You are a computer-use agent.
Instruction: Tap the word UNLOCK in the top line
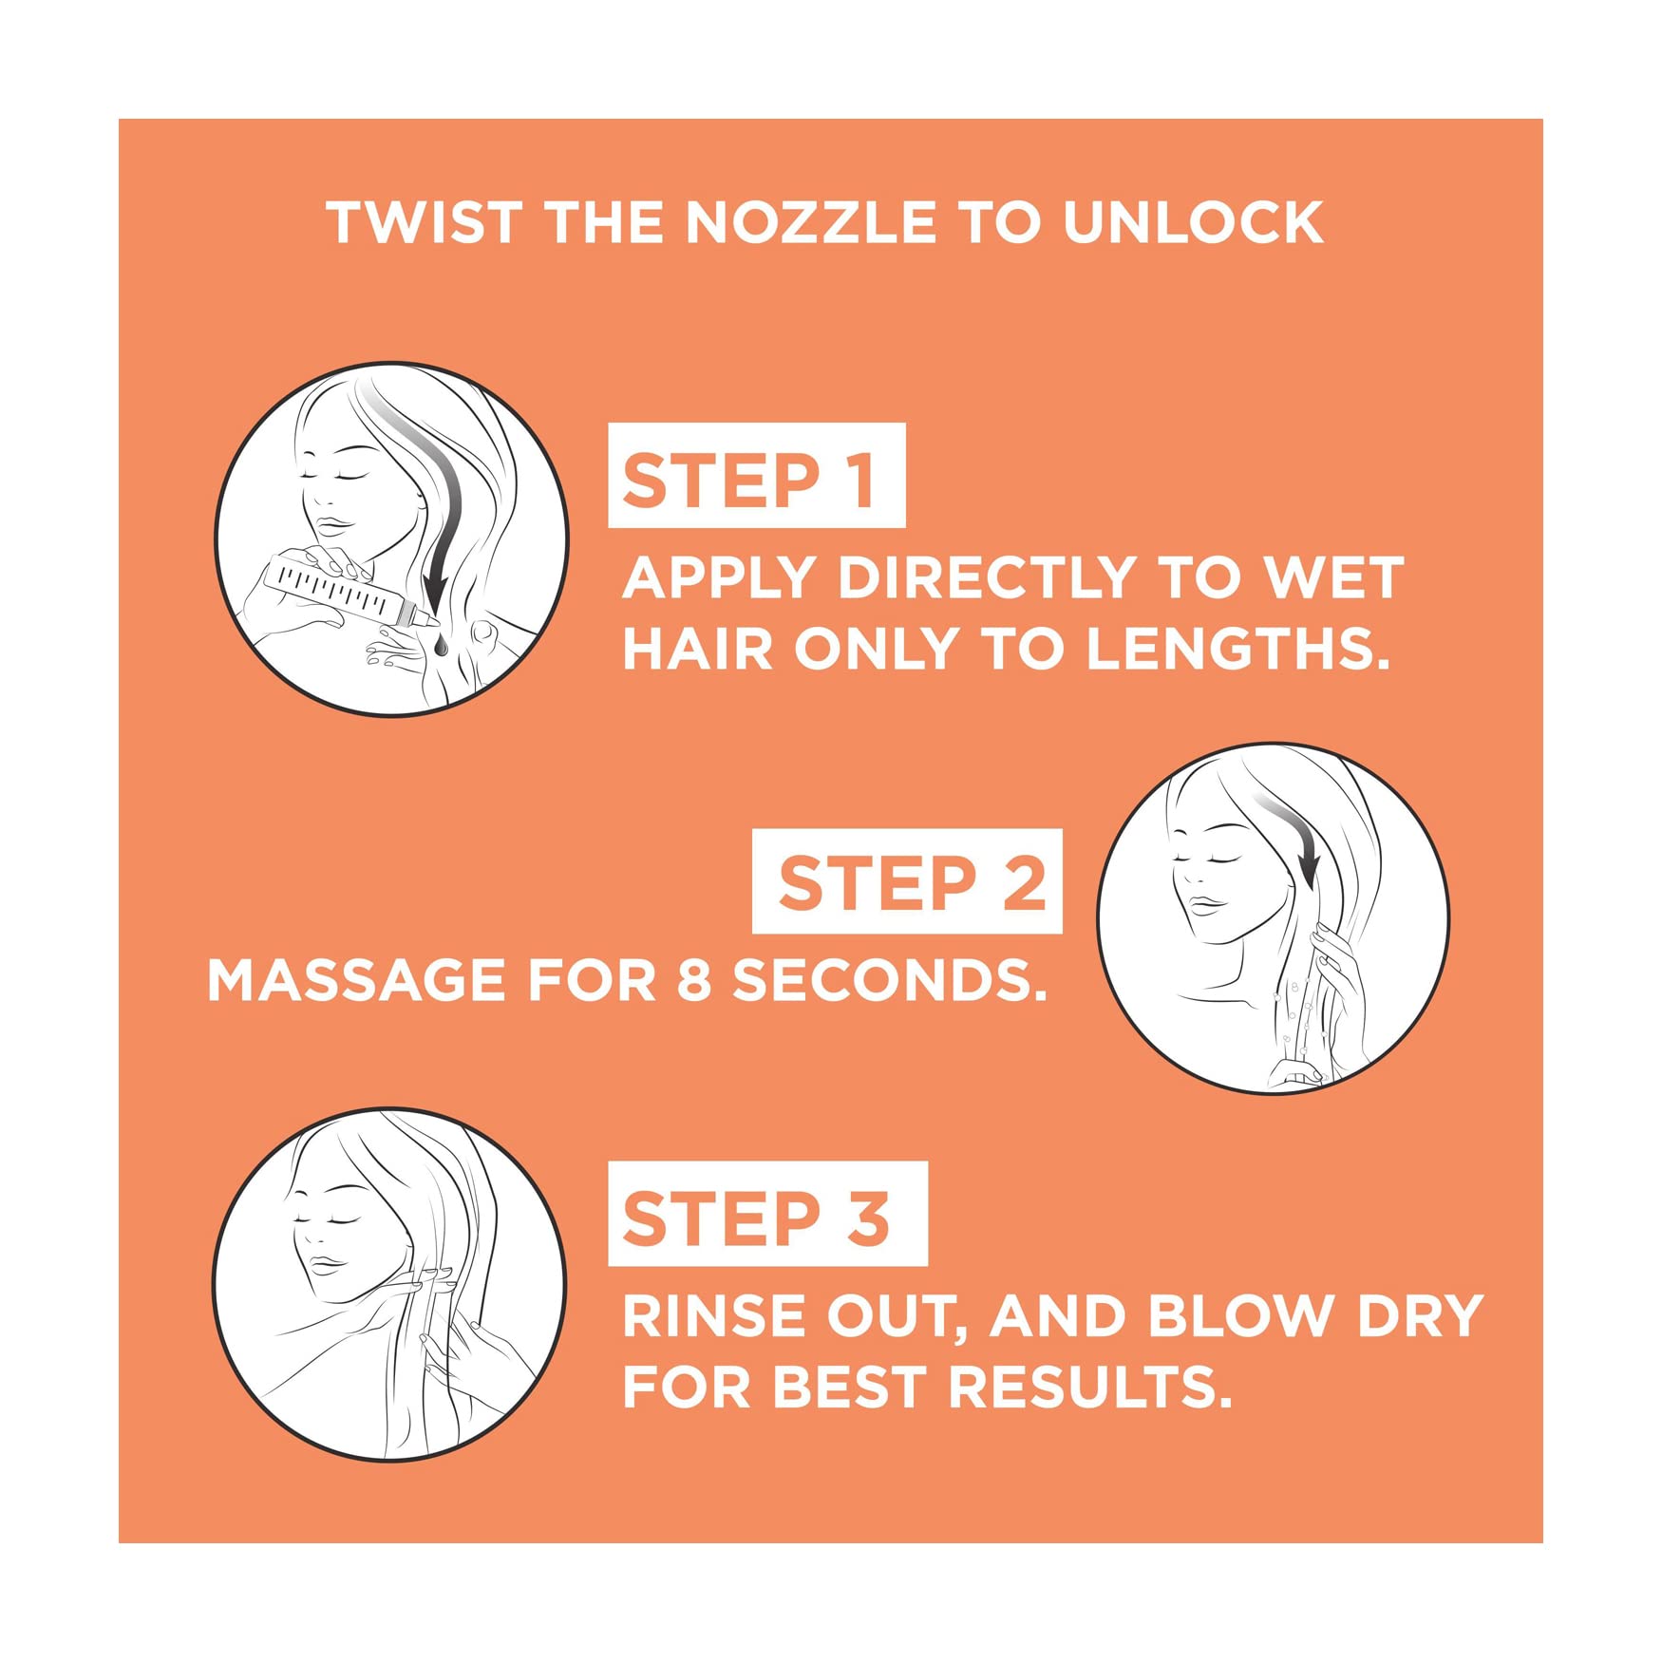click(1193, 222)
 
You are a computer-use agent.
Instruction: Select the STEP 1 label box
click(756, 475)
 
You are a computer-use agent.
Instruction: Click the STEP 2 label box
click(907, 880)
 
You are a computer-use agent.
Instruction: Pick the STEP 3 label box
click(767, 1213)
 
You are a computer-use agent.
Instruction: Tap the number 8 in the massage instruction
click(693, 980)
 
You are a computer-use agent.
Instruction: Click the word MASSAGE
click(356, 980)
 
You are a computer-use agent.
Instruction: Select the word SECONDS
click(889, 980)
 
